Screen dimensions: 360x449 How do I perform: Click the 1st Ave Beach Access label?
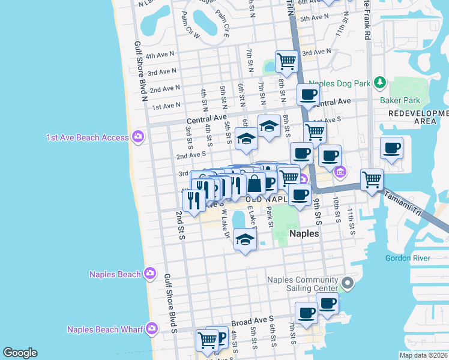[88, 137]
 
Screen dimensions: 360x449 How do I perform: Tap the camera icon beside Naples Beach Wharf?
[152, 328]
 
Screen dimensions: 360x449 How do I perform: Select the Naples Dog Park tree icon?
[379, 82]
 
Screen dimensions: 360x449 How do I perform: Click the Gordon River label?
[408, 258]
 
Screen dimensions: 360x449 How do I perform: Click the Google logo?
[20, 352]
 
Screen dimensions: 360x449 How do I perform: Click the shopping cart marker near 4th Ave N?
[287, 61]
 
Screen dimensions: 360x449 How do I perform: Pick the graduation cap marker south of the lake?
[244, 239]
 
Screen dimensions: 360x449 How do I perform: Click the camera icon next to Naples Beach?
[149, 274]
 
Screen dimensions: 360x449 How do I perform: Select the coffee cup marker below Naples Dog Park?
[309, 94]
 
